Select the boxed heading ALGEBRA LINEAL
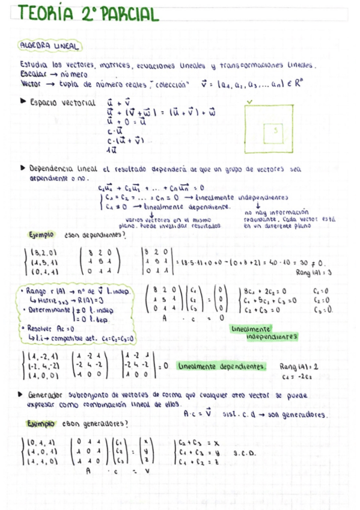click(51, 46)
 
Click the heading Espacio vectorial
click(63, 103)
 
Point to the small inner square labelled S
click(275, 130)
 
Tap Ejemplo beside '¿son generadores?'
click(40, 423)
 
